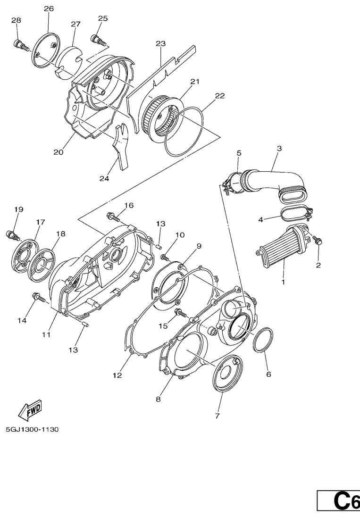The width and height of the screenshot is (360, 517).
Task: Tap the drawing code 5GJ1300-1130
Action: [32, 429]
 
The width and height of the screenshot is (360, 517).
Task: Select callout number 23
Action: [160, 43]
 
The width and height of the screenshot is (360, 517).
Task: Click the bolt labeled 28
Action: [20, 45]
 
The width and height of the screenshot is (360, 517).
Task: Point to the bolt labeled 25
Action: [98, 40]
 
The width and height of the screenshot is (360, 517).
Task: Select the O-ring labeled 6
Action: [263, 340]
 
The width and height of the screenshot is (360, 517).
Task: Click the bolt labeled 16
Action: [113, 217]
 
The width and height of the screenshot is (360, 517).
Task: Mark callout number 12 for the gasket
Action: [117, 375]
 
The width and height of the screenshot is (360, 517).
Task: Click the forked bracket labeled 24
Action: [121, 146]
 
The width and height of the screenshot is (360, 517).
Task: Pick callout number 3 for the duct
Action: [279, 149]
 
